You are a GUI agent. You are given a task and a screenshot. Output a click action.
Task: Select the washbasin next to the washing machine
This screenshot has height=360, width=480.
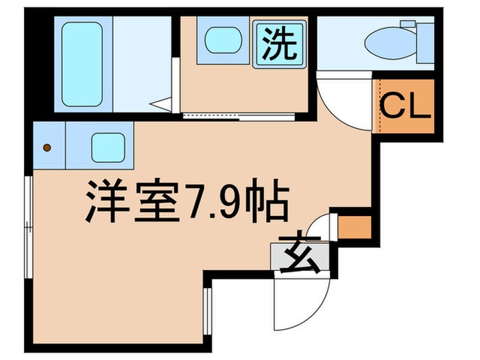click(x=220, y=40)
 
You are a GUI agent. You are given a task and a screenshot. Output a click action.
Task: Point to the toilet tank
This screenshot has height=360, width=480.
click(x=425, y=43)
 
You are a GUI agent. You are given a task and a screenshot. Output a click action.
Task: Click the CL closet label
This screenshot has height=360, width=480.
click(x=406, y=106)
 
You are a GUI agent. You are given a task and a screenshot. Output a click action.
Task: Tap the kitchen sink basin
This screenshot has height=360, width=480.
click(x=108, y=146)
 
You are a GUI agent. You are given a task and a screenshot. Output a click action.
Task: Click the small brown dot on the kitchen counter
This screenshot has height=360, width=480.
click(x=47, y=147)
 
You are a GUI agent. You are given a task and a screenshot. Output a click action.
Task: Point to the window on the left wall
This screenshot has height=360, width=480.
click(x=27, y=227)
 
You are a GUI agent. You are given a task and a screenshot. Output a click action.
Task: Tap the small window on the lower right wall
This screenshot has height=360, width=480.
click(x=206, y=308)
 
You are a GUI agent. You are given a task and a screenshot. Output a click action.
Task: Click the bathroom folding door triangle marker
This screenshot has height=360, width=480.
click(x=163, y=106)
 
